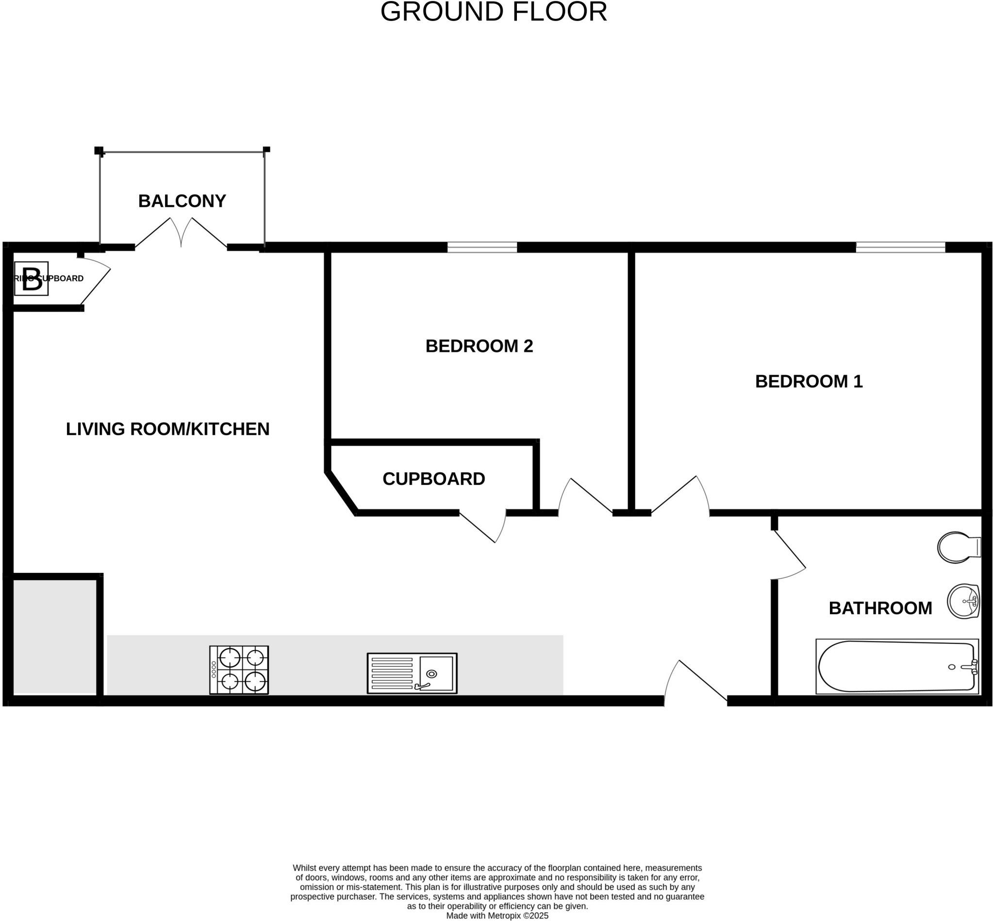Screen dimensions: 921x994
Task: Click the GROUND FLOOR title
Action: [x=493, y=12]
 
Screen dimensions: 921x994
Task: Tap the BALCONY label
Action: [x=182, y=201]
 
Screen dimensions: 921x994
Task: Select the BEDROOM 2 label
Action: [x=479, y=346]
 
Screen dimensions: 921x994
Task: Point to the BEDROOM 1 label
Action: [x=808, y=381]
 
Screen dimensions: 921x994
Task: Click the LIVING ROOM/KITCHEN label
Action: [x=167, y=429]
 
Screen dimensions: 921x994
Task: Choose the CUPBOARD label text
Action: [x=433, y=479]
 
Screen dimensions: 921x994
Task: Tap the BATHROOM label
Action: [x=880, y=608]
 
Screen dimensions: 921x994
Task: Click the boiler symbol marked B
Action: [x=32, y=279]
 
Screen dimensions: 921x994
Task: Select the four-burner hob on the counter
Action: [x=239, y=670]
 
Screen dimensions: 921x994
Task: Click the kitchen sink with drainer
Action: [x=412, y=673]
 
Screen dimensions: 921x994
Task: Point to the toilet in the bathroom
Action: [x=957, y=548]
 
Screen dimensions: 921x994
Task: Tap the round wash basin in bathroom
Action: [x=963, y=602]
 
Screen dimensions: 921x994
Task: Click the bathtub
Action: [x=897, y=666]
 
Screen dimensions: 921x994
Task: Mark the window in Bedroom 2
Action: [x=482, y=247]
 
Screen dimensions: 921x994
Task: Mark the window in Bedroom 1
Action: [x=900, y=247]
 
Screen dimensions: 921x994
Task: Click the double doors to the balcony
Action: [x=181, y=234]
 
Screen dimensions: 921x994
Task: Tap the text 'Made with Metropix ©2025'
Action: [x=497, y=916]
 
